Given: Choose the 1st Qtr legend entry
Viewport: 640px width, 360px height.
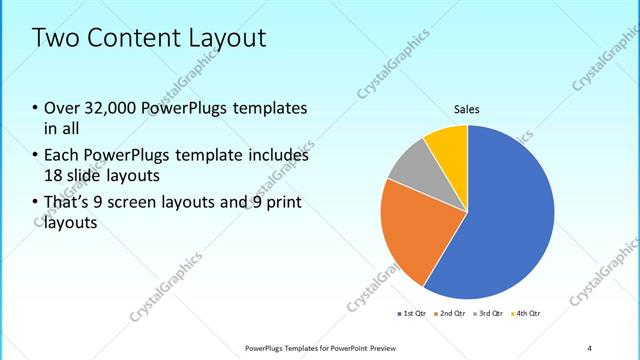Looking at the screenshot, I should coord(412,314).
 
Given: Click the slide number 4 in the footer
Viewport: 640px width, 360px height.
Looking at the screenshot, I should coord(589,347).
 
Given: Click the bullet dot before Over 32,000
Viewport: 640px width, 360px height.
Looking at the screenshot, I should coord(36,109).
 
